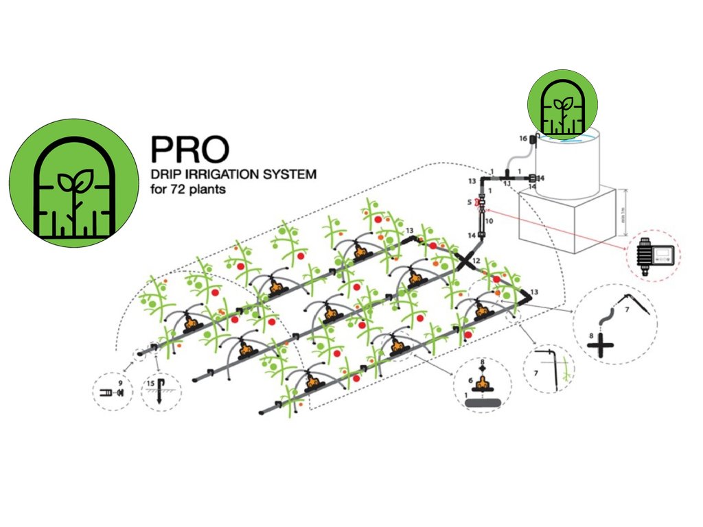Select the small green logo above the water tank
coord(562,104)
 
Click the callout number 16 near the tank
coord(523,139)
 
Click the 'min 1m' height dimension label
coord(624,204)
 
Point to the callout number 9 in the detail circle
coord(120,382)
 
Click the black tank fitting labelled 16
coord(532,140)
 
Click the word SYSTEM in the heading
coord(288,174)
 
